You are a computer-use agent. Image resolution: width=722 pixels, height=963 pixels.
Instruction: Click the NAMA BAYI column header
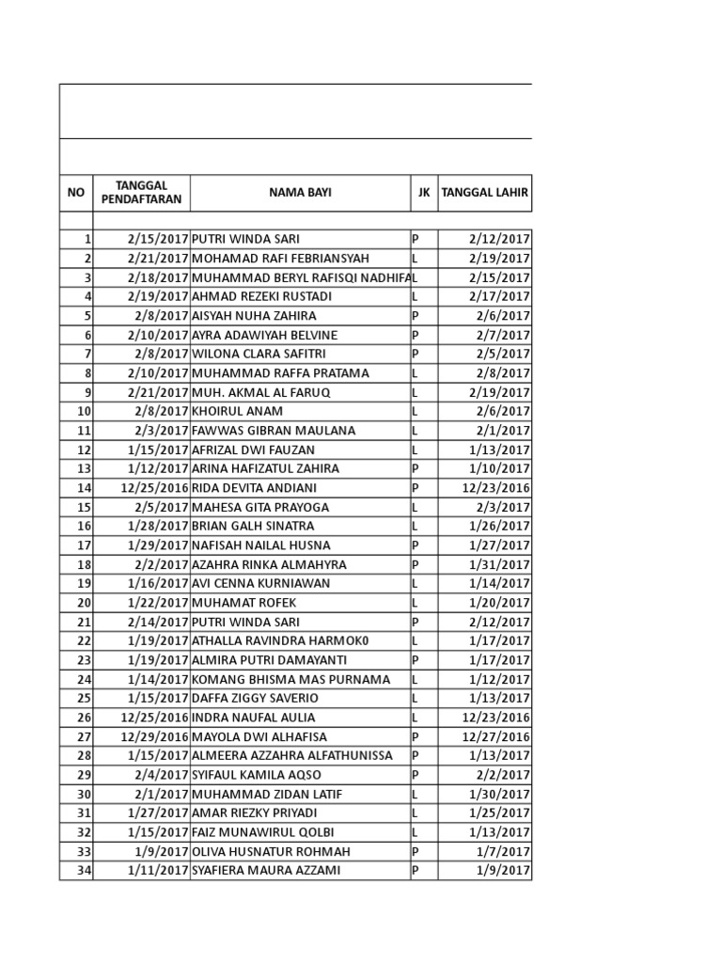pos(300,193)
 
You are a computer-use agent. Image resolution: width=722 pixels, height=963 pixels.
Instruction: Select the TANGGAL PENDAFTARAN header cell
pos(142,193)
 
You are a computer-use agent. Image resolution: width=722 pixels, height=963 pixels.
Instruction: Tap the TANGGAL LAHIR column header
pos(485,193)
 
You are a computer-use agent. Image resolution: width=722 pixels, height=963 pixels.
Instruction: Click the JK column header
pos(424,193)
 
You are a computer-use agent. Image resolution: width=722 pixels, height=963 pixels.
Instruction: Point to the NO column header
pos(76,193)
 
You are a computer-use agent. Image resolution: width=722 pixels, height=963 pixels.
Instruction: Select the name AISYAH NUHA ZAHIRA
pos(254,316)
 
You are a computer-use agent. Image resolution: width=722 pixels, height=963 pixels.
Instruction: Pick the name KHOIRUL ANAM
pos(237,411)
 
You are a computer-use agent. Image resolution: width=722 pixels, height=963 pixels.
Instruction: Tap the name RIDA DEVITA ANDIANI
pos(254,488)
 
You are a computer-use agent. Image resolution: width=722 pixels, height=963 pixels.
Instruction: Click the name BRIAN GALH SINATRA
pos(253,526)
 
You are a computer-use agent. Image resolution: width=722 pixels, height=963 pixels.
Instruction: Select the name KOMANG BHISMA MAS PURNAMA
pos(290,679)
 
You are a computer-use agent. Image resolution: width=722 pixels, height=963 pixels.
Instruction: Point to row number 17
pos(84,545)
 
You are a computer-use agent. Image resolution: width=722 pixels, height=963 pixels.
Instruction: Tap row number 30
pos(84,794)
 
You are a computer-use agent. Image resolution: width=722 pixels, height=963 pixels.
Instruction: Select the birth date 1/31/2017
pos(499,564)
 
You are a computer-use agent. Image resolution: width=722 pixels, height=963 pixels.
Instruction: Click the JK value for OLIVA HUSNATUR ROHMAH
pos(416,851)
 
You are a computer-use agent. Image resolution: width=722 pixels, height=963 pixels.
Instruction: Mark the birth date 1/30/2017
pos(499,794)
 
